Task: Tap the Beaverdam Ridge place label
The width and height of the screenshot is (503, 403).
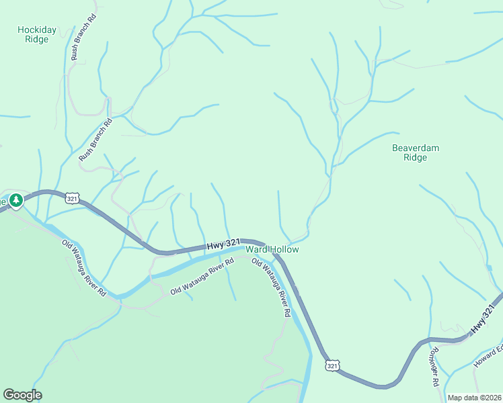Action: (415, 152)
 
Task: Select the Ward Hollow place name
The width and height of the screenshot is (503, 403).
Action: (272, 249)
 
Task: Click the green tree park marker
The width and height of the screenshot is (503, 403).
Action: (15, 200)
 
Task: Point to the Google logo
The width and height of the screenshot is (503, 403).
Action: (22, 394)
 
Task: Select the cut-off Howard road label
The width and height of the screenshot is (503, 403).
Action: (489, 357)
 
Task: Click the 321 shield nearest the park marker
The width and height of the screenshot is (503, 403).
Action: (73, 197)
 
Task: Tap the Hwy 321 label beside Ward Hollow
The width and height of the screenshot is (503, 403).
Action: (223, 245)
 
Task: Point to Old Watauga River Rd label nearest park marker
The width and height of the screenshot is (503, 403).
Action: (84, 268)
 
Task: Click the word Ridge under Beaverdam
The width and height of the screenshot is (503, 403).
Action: (415, 158)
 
